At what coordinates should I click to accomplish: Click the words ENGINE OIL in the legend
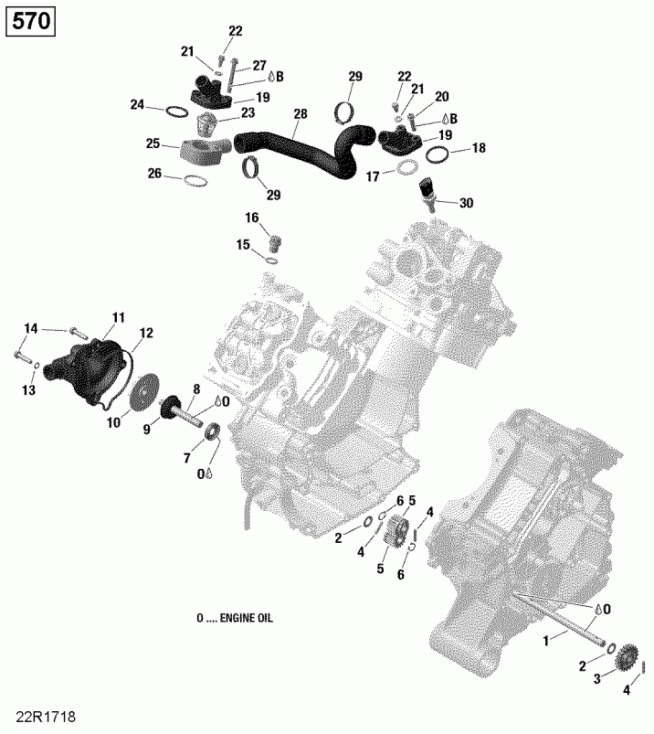(x=240, y=619)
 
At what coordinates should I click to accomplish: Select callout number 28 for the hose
(x=301, y=115)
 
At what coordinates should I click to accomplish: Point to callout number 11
(x=118, y=317)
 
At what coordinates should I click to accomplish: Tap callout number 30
(x=467, y=203)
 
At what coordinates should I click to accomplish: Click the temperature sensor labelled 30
(x=427, y=191)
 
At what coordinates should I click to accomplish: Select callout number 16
(x=251, y=217)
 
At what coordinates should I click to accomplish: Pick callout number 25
(x=153, y=144)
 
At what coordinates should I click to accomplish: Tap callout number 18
(x=479, y=148)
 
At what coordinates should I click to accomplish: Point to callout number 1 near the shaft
(x=547, y=642)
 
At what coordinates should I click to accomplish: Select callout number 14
(x=31, y=328)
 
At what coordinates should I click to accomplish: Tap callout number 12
(x=146, y=333)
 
